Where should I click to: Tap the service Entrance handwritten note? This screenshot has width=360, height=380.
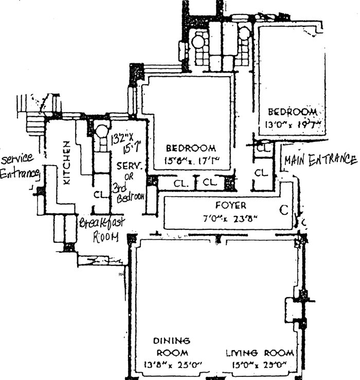(x=20, y=166)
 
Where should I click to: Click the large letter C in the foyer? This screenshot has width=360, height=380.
(x=283, y=210)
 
